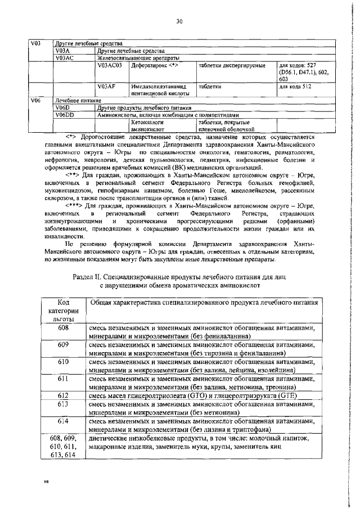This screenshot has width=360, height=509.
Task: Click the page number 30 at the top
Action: point(179,21)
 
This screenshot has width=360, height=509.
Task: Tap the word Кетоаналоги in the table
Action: point(147,121)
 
